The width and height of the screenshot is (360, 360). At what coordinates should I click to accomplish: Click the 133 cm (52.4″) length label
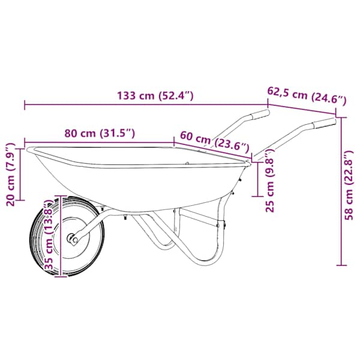[155, 96]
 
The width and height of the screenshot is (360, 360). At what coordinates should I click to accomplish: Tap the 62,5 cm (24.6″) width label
[307, 95]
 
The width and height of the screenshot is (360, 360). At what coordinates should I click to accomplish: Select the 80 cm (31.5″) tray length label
[100, 133]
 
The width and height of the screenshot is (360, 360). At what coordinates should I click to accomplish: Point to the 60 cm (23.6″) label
[214, 142]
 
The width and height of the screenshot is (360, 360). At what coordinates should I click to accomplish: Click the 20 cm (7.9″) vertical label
[11, 174]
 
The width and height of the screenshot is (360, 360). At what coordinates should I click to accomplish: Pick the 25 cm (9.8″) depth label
[270, 181]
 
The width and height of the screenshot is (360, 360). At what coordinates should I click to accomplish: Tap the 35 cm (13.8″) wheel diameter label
[49, 235]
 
